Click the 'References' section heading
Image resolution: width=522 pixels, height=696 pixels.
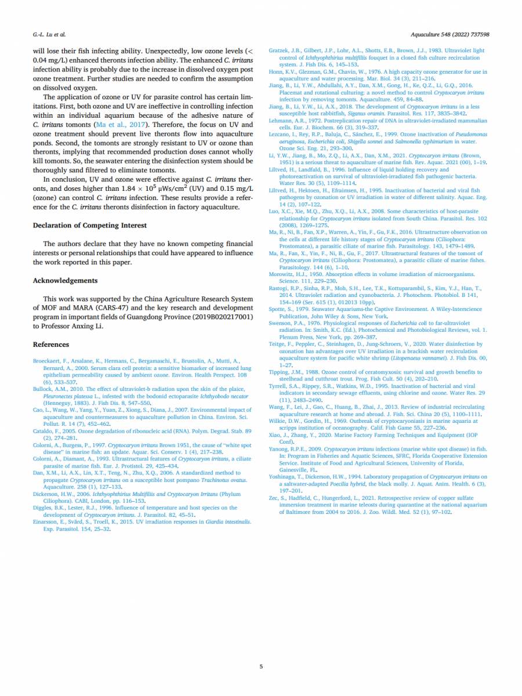click(51, 345)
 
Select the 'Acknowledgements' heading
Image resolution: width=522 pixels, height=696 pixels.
click(65, 281)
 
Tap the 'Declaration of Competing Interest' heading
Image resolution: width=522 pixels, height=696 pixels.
click(90, 225)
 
